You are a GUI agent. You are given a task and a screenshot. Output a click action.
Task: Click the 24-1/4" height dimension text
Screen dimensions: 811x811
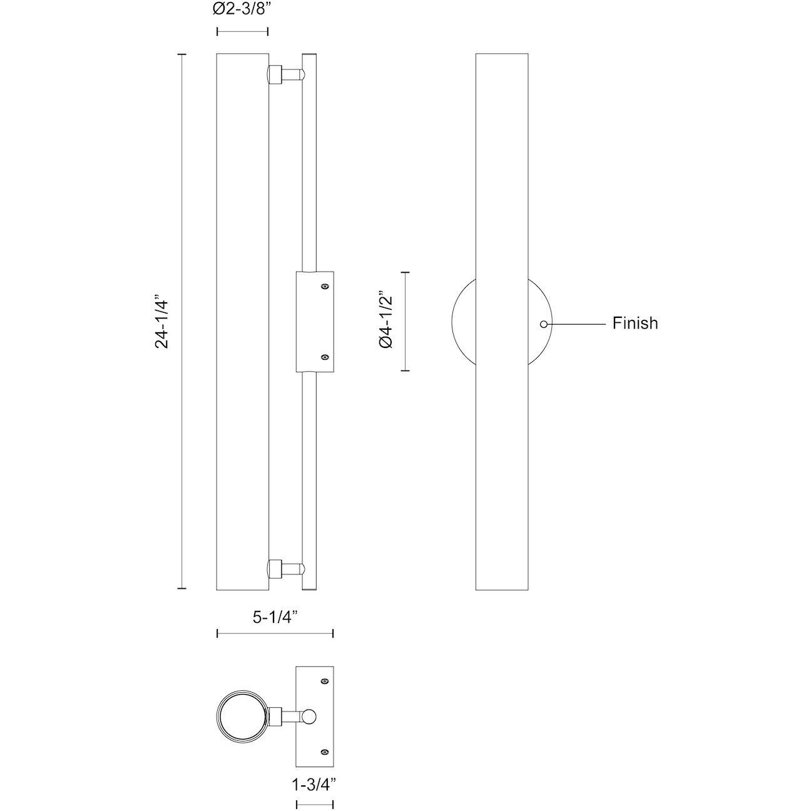pyautogui.click(x=163, y=322)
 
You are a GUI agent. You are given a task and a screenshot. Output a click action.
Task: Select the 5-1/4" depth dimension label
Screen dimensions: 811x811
pyautogui.click(x=274, y=617)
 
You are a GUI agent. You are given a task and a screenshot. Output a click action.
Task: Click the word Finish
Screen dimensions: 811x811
pyautogui.click(x=635, y=324)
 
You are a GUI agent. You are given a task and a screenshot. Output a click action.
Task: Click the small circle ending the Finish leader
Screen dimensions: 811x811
pyautogui.click(x=544, y=324)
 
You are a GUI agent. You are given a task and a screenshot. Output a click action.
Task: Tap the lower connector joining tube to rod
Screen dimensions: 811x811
pyautogui.click(x=285, y=569)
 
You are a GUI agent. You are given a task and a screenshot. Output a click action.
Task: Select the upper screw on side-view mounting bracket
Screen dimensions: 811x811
pyautogui.click(x=324, y=287)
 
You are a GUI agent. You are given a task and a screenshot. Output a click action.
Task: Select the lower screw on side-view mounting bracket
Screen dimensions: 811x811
pyautogui.click(x=324, y=357)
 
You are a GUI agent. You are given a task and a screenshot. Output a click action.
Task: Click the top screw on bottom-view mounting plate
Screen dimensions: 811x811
pyautogui.click(x=324, y=681)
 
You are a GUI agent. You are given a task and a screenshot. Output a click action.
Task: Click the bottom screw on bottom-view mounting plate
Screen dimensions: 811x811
pyautogui.click(x=324, y=752)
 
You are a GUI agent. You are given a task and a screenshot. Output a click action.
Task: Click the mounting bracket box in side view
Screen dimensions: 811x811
pyautogui.click(x=315, y=322)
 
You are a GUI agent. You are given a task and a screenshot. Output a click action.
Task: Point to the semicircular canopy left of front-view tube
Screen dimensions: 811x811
pyautogui.click(x=463, y=321)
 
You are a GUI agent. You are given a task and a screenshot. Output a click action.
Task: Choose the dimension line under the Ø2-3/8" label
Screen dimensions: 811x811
pyautogui.click(x=242, y=31)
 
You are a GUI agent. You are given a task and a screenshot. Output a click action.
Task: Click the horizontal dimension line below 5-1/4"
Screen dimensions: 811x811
pyautogui.click(x=275, y=634)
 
